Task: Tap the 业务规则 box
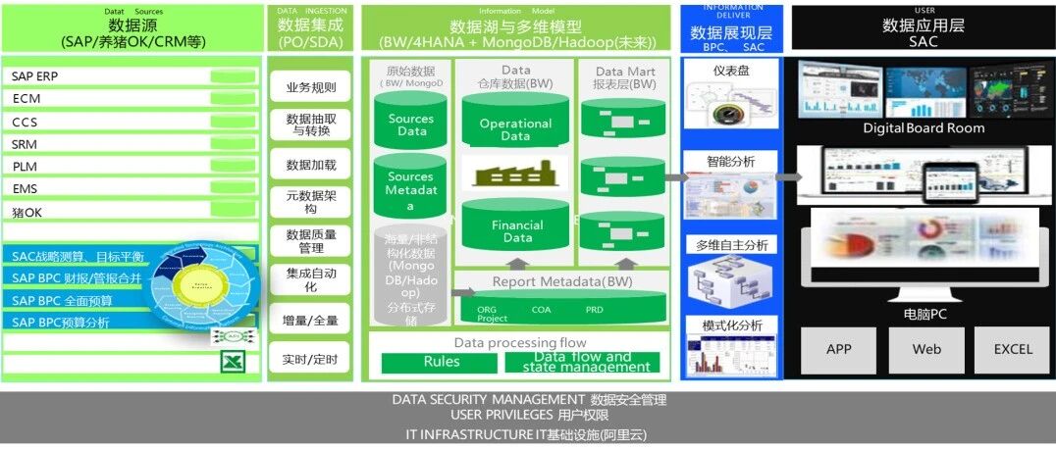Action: click(x=310, y=87)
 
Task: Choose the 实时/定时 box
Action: click(x=310, y=360)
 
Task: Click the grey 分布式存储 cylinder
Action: click(x=410, y=278)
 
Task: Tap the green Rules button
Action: click(x=441, y=362)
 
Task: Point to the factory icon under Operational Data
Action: click(x=515, y=173)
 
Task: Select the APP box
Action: click(x=839, y=349)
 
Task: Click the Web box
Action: click(x=926, y=349)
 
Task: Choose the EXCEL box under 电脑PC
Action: click(x=1012, y=349)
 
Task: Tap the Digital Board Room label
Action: click(x=924, y=128)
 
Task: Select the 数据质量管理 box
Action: click(x=310, y=241)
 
